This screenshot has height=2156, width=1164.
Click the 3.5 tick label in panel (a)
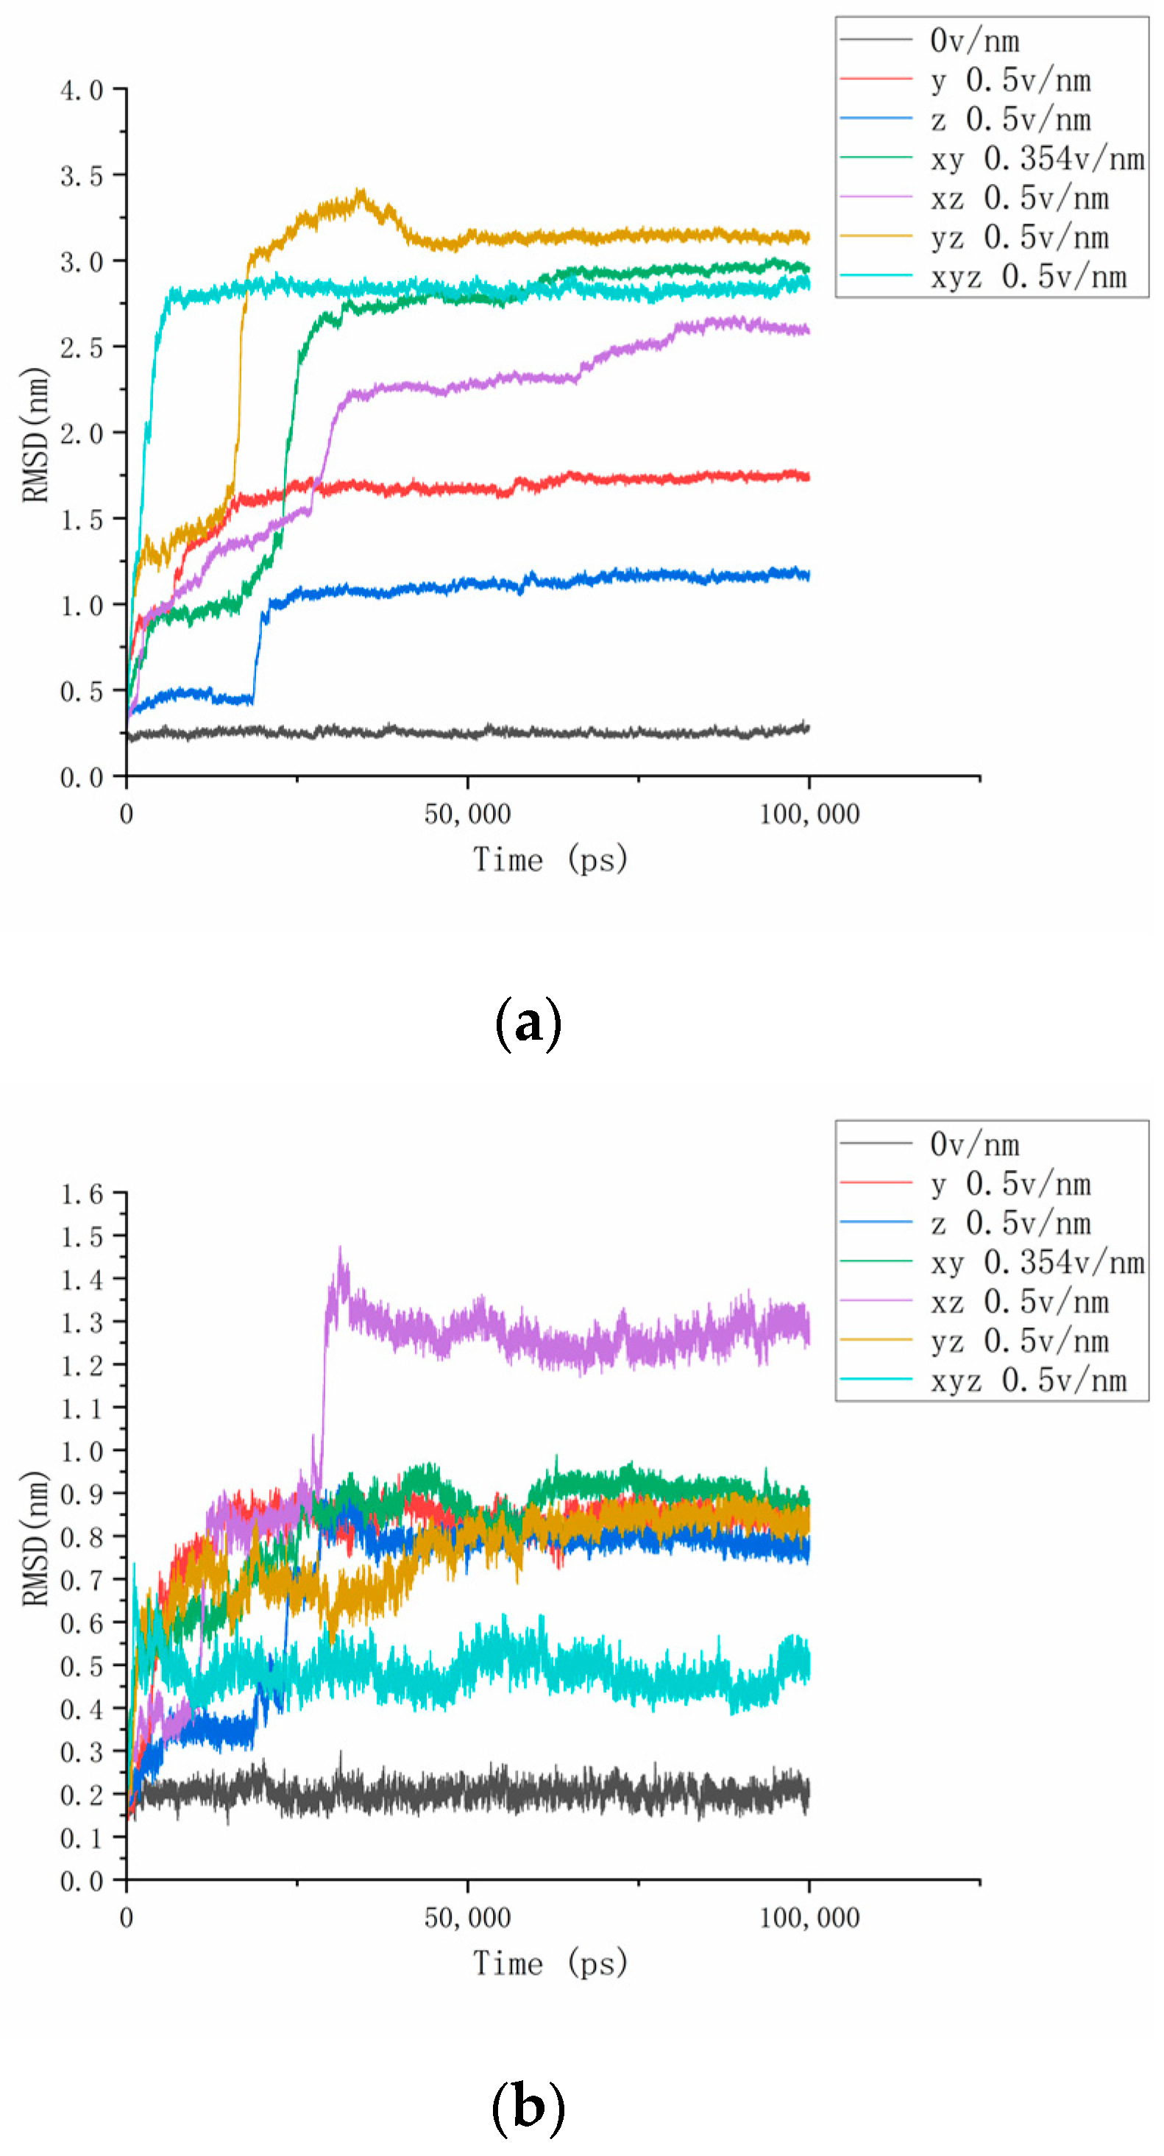pyautogui.click(x=81, y=176)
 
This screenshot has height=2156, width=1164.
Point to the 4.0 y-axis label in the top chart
pyautogui.click(x=81, y=90)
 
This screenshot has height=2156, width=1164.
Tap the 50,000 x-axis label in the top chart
pyautogui.click(x=467, y=815)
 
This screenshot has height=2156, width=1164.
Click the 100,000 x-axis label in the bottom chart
pyautogui.click(x=809, y=1918)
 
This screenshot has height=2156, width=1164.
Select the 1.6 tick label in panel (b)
pyautogui.click(x=81, y=1194)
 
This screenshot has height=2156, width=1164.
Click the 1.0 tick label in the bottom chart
pyautogui.click(x=81, y=1451)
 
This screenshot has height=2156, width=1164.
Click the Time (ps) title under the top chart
pyautogui.click(x=550, y=859)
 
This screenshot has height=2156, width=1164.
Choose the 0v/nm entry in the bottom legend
pyautogui.click(x=974, y=1144)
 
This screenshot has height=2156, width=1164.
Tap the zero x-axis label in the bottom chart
pyautogui.click(x=127, y=1918)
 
